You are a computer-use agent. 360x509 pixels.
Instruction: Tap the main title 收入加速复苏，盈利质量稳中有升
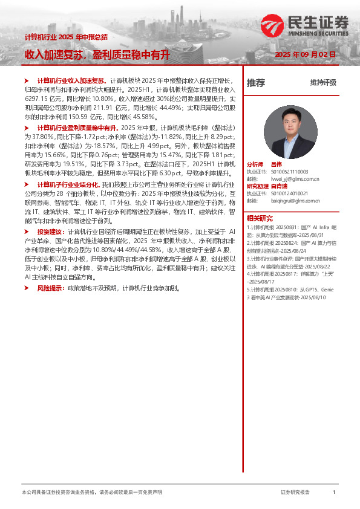coord(97,55)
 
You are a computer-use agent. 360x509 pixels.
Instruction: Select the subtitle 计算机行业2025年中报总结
coord(66,37)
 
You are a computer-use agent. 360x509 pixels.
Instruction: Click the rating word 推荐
coord(256,83)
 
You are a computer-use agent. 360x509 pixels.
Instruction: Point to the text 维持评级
coord(323,83)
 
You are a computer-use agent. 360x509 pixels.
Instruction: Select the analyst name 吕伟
coord(276,164)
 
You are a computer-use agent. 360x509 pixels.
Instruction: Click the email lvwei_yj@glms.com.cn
coord(295,179)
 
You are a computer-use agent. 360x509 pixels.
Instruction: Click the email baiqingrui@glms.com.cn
coord(295,201)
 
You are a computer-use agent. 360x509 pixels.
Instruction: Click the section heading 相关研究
coord(260,218)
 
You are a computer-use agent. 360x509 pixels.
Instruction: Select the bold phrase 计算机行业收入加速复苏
coord(72,80)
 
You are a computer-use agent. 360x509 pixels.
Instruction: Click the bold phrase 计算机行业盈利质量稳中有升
coord(77,128)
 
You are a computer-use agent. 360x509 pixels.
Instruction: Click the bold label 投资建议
coord(51,232)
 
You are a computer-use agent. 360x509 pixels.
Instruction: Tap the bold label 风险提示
coord(51,288)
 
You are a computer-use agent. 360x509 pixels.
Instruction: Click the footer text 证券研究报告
coord(295,493)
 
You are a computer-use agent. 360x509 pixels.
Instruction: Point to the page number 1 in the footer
coord(334,493)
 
